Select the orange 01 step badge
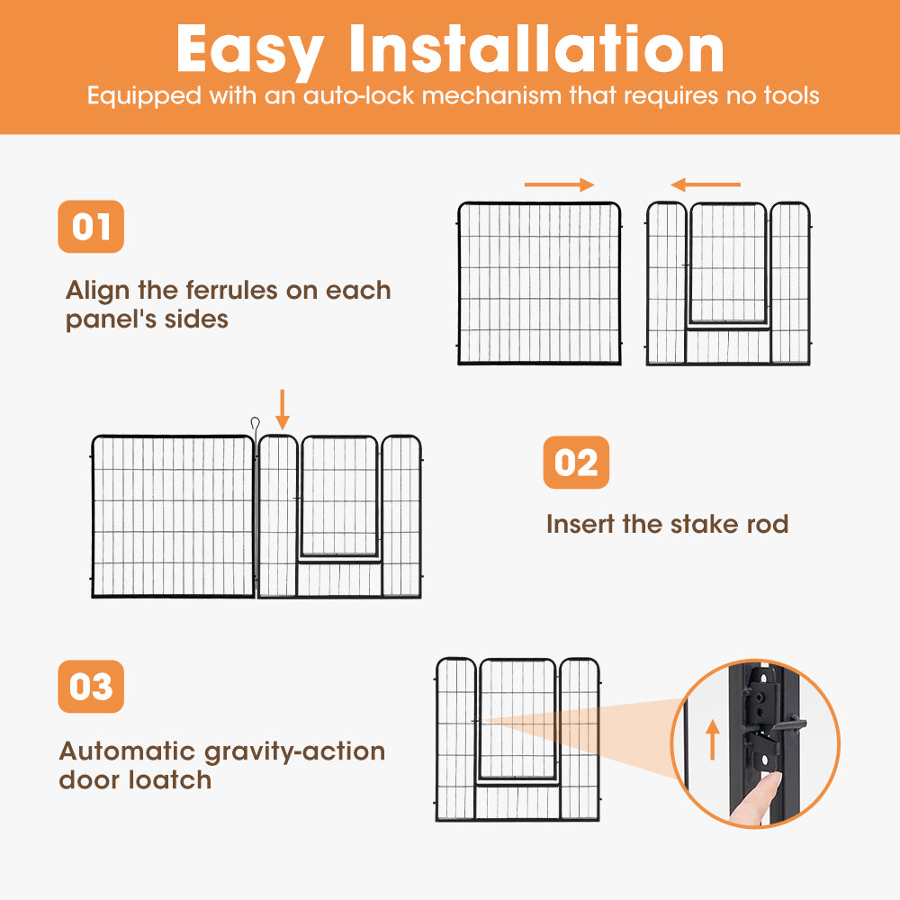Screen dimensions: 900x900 click(91, 226)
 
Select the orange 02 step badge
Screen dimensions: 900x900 click(576, 463)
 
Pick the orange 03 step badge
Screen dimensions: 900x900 click(91, 687)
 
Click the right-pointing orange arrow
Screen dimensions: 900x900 click(560, 184)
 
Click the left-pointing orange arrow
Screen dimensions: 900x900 click(706, 184)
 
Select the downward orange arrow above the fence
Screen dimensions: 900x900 click(283, 409)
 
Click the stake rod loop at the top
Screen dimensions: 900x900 click(256, 423)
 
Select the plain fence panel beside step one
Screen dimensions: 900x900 click(539, 283)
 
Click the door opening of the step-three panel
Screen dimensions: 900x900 click(517, 720)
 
